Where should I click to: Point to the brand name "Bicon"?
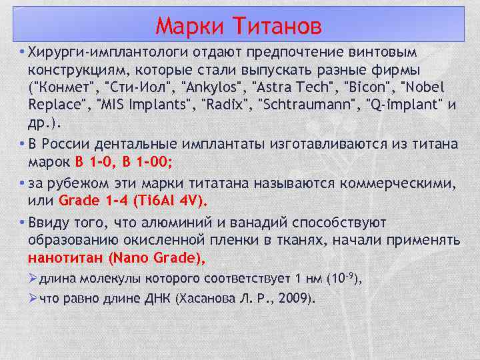(359, 87)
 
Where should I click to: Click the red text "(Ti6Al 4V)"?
(171, 200)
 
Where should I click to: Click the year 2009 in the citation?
(294, 299)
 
